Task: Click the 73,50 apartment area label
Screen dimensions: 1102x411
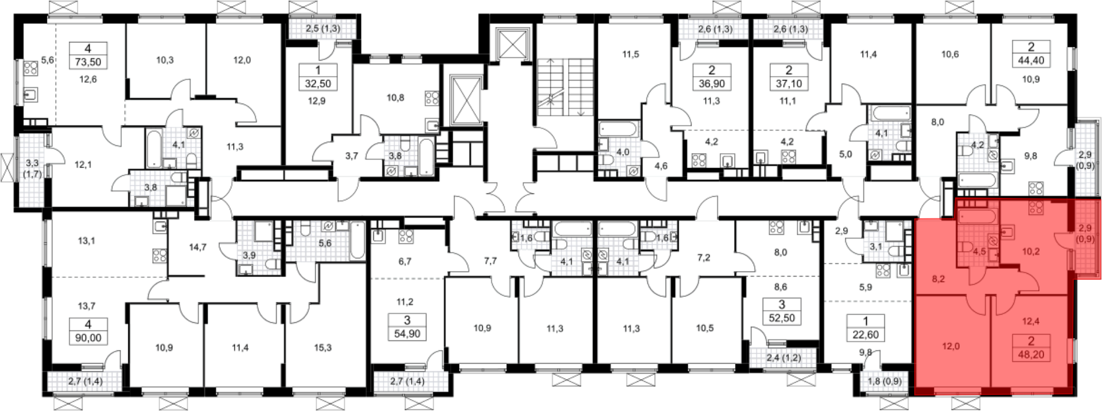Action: [88, 62]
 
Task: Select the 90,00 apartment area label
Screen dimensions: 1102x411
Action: [88, 338]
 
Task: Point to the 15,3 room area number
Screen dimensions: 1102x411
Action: [323, 348]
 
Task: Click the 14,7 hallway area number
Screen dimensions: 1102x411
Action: [198, 247]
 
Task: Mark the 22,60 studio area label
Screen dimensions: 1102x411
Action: [866, 334]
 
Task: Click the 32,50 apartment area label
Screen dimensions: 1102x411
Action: [317, 84]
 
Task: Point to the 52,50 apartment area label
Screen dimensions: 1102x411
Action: [781, 318]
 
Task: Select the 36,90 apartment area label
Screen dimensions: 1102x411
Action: [712, 84]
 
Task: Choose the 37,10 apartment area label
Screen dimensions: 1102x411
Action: [789, 84]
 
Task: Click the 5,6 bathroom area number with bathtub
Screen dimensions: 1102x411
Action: [325, 242]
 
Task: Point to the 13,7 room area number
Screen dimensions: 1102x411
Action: [87, 306]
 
